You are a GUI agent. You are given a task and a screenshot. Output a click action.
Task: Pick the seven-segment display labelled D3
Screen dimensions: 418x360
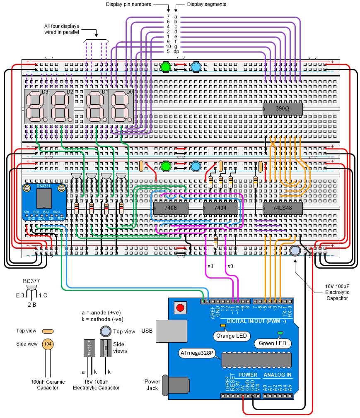pos(37,106)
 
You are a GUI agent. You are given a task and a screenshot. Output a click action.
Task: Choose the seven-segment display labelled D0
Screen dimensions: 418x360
pos(121,106)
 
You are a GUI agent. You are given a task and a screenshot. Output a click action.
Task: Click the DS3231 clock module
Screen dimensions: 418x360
pos(44,202)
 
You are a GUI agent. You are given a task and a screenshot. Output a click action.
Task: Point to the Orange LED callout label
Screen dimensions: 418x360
pos(232,336)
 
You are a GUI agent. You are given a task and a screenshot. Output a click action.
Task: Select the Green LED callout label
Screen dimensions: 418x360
pos(272,344)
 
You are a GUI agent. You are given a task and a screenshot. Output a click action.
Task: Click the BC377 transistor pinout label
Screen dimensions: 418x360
pos(31,281)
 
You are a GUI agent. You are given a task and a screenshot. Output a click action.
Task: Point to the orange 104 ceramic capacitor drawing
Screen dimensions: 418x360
pos(48,344)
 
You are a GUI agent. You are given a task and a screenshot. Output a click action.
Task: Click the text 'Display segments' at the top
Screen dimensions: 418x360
pos(206,5)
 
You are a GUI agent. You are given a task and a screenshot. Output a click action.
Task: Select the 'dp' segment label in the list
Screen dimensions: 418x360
pos(176,52)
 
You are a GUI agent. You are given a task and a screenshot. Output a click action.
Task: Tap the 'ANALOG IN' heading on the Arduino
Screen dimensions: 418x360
pos(277,375)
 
